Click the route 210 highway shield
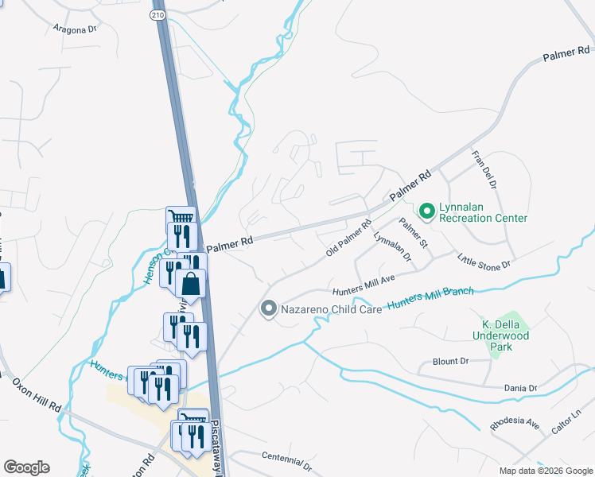157,14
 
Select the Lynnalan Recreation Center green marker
426,211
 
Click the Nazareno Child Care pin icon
269,308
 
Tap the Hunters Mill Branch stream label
430,297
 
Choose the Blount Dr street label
451,361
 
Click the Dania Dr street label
521,388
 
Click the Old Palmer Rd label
348,239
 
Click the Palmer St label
414,231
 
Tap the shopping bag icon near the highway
191,283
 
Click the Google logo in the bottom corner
26,467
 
